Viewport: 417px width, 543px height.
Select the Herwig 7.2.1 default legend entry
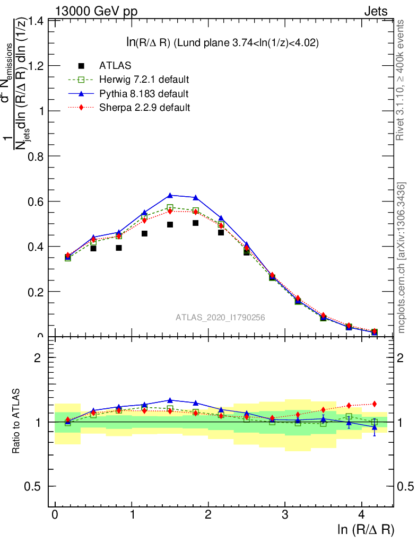(x=144, y=80)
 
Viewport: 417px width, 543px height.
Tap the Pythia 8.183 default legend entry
(x=144, y=93)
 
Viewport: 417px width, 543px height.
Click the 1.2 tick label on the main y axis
(x=36, y=66)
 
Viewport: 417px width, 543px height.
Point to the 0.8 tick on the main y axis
(x=36, y=156)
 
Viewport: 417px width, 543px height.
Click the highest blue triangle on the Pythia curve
(x=170, y=196)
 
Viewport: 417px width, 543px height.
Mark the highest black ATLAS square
(x=195, y=223)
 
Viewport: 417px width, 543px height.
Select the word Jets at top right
(x=376, y=11)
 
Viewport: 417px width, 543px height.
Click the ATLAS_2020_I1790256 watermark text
(x=220, y=317)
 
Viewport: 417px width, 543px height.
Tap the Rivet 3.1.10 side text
(x=401, y=80)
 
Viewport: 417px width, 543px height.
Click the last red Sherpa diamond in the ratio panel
(x=374, y=404)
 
